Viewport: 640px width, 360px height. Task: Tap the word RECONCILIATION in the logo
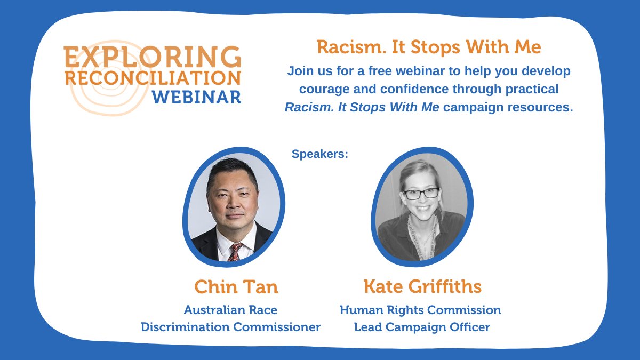pyautogui.click(x=153, y=78)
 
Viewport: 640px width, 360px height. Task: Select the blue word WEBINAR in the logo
pyautogui.click(x=196, y=98)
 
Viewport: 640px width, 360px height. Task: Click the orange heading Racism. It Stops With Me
pyautogui.click(x=429, y=47)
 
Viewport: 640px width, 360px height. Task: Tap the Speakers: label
pyautogui.click(x=320, y=154)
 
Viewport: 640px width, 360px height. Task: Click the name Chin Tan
pyautogui.click(x=236, y=287)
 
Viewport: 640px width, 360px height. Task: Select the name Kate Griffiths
pyautogui.click(x=422, y=287)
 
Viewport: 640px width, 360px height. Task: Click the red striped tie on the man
pyautogui.click(x=234, y=252)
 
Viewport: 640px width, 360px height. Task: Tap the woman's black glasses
pyautogui.click(x=421, y=193)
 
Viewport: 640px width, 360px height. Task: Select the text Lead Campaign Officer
pyautogui.click(x=422, y=327)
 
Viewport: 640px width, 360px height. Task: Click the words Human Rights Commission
pyautogui.click(x=420, y=310)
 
